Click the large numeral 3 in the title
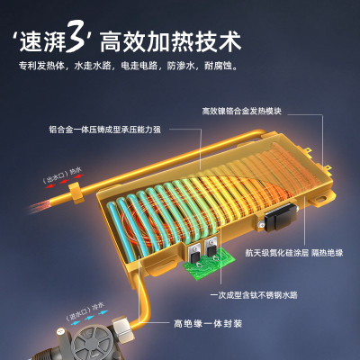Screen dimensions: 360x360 [x=76, y=38]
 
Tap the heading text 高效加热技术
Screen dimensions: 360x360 [x=170, y=42]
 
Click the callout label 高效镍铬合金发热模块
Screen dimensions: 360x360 [x=242, y=111]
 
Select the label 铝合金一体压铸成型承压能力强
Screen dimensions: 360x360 [x=105, y=130]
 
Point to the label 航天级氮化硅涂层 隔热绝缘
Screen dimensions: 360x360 [x=294, y=253]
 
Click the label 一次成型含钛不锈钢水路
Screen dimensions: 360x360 [x=254, y=295]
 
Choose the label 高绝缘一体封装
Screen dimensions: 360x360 [x=208, y=324]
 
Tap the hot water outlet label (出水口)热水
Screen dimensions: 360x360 [x=62, y=175]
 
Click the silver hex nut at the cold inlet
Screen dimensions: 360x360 [x=122, y=326]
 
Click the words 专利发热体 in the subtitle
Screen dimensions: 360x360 [x=41, y=66]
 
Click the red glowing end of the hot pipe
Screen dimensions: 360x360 [x=40, y=206]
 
